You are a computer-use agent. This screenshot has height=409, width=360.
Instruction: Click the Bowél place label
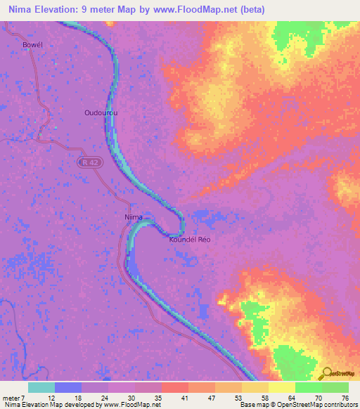33,44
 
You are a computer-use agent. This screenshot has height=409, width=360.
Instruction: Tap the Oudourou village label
101,112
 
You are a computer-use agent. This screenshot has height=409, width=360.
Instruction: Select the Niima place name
133,217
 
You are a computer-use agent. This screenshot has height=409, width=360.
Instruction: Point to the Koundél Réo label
190,240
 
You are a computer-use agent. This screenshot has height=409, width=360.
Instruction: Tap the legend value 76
345,397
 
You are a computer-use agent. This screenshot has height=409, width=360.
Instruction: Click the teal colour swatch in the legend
41,387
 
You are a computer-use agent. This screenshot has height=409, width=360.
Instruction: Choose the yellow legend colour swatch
282,387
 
